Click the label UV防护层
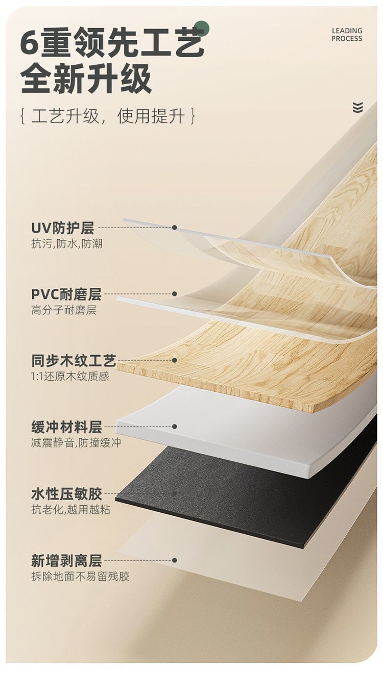(62, 228)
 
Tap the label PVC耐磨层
(66, 294)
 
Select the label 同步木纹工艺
(74, 360)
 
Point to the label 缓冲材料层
(66, 427)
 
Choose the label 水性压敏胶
(66, 494)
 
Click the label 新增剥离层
(66, 561)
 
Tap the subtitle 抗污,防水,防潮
(66, 244)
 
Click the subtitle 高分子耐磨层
(63, 310)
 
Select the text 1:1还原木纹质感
(70, 377)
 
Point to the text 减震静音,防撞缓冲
(76, 443)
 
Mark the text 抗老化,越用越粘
(70, 510)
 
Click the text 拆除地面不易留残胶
(80, 577)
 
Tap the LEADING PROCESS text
(347, 35)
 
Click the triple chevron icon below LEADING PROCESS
(357, 108)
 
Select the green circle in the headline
(202, 29)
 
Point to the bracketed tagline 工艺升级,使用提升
(107, 117)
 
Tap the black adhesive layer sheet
(245, 497)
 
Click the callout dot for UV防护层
(174, 228)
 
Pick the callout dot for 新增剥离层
(174, 560)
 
